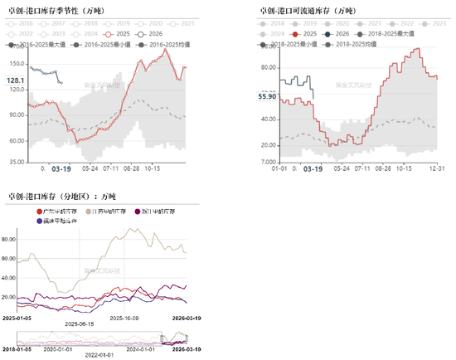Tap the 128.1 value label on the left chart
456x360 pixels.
click(x=16, y=80)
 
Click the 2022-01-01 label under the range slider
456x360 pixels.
click(x=87, y=358)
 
